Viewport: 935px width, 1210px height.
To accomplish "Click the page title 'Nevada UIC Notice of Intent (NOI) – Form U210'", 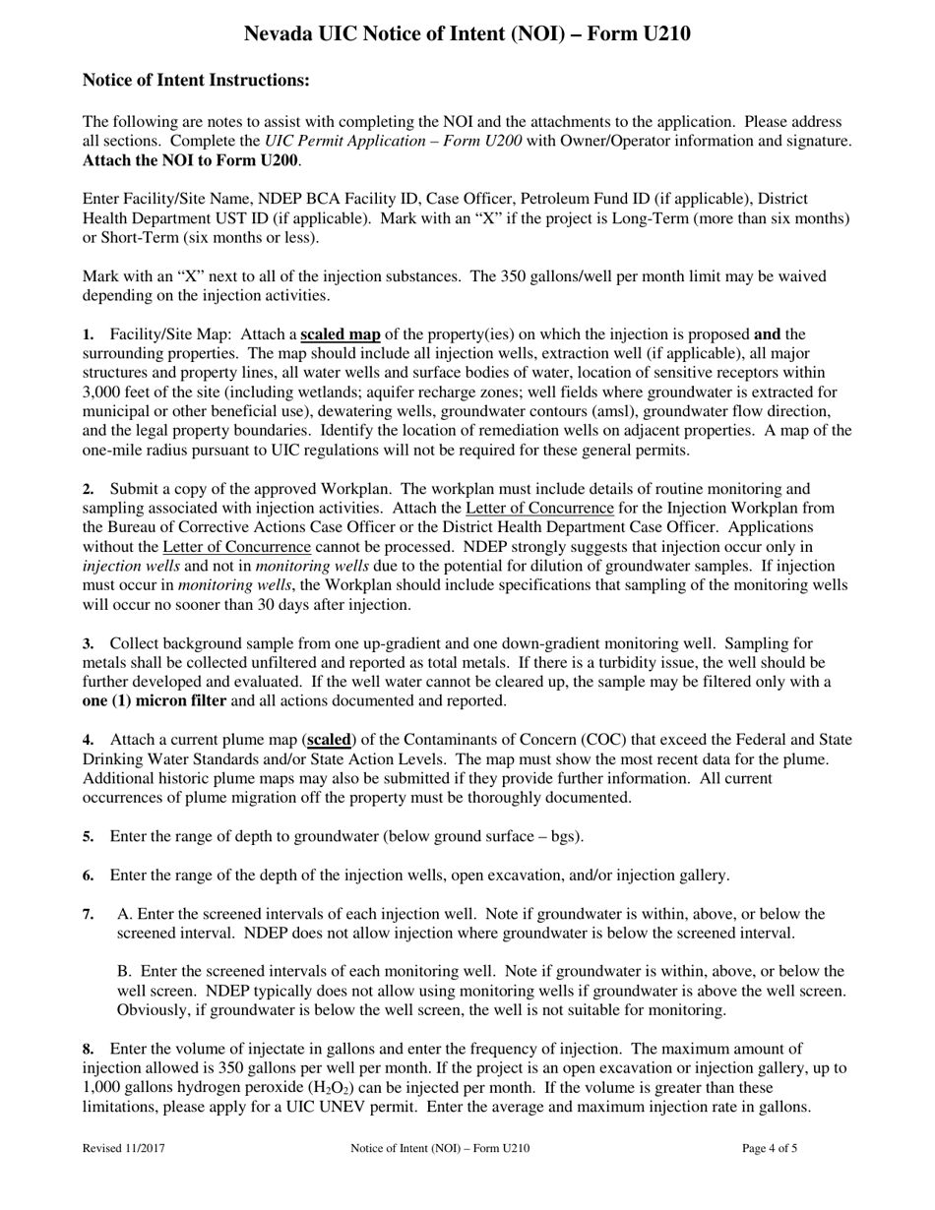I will pos(467,34).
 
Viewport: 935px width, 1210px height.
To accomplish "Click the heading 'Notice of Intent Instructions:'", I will pos(196,81).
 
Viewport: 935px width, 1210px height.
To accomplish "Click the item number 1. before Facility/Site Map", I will pos(89,335).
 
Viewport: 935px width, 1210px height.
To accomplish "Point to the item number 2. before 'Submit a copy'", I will pos(89,489).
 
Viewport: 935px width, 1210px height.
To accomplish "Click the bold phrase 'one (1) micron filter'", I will pos(155,701).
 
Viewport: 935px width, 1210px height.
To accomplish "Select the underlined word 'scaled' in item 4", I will pos(330,740).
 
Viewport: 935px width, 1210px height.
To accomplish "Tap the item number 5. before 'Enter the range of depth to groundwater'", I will pos(89,837).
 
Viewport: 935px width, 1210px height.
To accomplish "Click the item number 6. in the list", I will pos(89,876).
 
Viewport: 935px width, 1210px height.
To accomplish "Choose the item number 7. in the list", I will pos(89,915).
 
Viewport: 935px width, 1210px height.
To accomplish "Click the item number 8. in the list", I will pos(89,1050).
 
